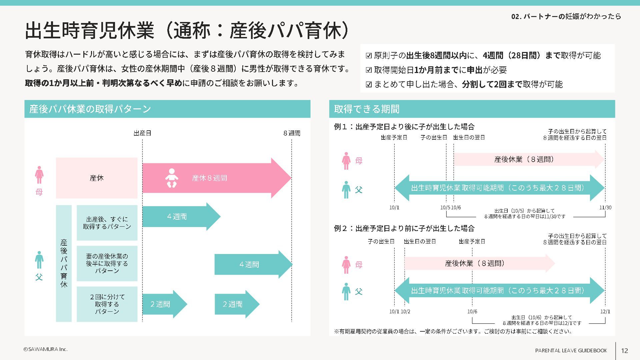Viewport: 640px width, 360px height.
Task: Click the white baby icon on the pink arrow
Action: click(x=172, y=178)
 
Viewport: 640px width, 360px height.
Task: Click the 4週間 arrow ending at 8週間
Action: click(x=252, y=264)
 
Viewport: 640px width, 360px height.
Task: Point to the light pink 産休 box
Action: click(x=97, y=178)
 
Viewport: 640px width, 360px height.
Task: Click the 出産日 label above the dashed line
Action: click(x=142, y=133)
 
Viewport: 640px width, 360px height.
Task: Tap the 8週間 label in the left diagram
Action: click(x=292, y=133)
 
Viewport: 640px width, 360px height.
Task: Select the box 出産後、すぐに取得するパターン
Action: click(x=107, y=223)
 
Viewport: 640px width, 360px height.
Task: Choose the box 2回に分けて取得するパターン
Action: click(x=107, y=304)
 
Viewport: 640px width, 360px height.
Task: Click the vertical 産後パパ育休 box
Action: click(x=64, y=263)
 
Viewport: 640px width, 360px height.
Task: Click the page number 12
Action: click(x=624, y=351)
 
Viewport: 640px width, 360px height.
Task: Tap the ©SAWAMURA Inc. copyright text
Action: click(x=45, y=349)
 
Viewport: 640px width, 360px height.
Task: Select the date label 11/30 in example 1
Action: click(x=605, y=208)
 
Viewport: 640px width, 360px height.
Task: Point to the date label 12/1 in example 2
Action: click(x=605, y=312)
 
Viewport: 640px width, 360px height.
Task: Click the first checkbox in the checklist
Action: click(x=369, y=56)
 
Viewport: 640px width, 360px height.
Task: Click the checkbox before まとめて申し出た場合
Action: click(x=369, y=84)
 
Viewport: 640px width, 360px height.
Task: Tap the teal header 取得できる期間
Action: click(x=472, y=109)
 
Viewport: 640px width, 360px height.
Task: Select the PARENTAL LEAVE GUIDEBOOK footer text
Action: click(x=571, y=351)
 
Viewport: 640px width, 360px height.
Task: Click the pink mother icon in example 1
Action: click(x=346, y=161)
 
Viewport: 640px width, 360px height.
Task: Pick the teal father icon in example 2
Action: click(x=346, y=292)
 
